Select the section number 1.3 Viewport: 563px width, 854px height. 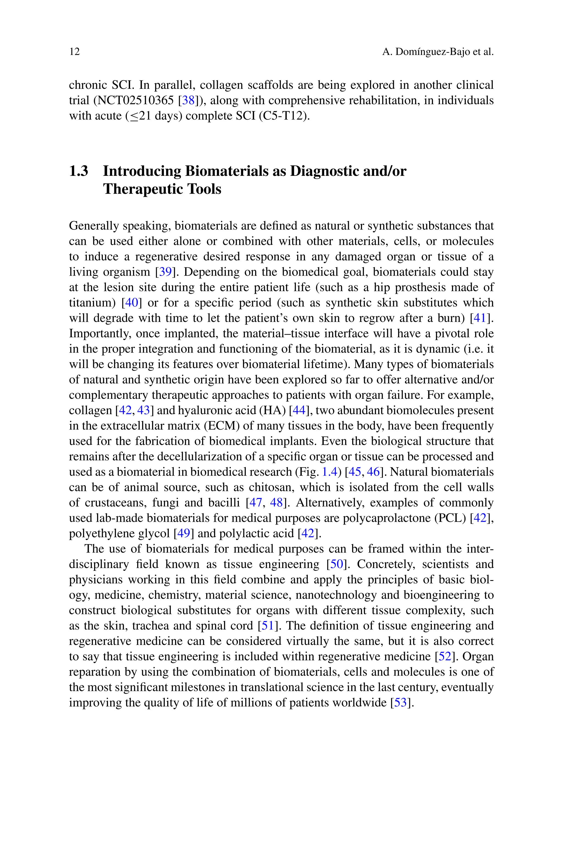point(79,171)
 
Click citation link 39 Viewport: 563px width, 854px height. point(165,272)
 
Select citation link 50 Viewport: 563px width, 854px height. point(336,564)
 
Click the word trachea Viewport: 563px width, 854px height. point(150,626)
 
